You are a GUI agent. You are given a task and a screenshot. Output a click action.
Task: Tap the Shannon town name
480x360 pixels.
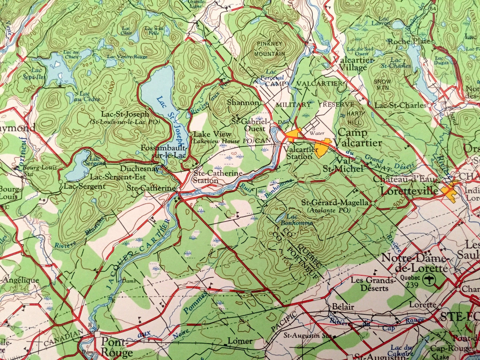click(243, 103)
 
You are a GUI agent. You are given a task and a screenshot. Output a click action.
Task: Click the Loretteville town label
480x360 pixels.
click(409, 191)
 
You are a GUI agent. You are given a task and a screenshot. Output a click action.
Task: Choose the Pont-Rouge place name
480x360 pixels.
click(117, 346)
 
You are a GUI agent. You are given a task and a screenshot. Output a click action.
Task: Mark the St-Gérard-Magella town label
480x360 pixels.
click(335, 203)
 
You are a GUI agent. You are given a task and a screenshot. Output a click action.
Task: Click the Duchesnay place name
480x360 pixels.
click(139, 168)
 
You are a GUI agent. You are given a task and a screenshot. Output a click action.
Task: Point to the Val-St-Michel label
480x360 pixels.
click(343, 165)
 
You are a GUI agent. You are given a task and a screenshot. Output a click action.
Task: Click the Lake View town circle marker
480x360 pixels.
click(190, 135)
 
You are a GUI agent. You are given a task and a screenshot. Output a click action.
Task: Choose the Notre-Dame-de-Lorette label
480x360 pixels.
click(415, 263)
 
